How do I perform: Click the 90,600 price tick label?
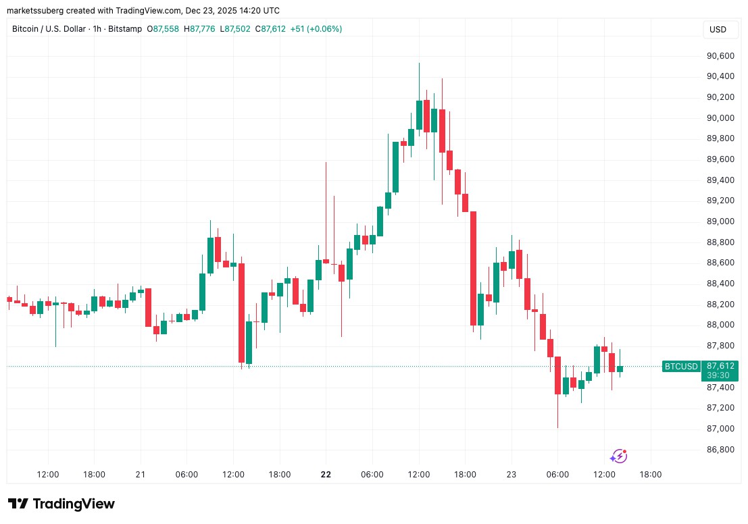(718, 56)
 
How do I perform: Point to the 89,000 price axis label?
(718, 221)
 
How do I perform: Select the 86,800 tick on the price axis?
(718, 450)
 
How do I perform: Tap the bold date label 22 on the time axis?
(326, 475)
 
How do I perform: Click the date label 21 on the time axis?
(141, 475)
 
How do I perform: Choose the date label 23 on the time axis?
(511, 475)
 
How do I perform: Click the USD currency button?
(718, 30)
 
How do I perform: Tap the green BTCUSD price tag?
(681, 366)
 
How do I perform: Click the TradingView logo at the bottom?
(61, 504)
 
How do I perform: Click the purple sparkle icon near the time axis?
(618, 456)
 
